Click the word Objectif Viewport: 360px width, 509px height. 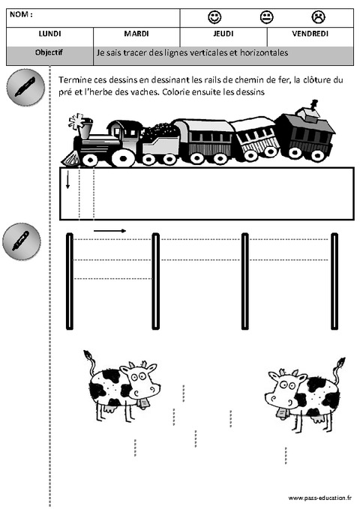coord(49,53)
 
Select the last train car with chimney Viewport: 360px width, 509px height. coord(304,135)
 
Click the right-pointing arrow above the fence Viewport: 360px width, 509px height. coord(109,230)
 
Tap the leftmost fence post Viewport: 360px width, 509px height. coord(70,281)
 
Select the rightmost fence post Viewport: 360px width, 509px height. coord(334,281)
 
